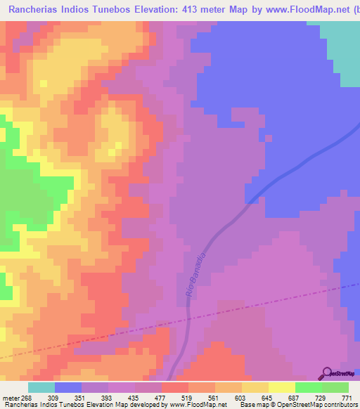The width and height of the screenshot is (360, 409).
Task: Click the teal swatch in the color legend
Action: (x=41, y=387)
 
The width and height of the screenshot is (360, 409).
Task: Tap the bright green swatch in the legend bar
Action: (x=308, y=387)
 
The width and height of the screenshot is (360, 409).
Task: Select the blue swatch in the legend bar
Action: (x=68, y=387)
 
